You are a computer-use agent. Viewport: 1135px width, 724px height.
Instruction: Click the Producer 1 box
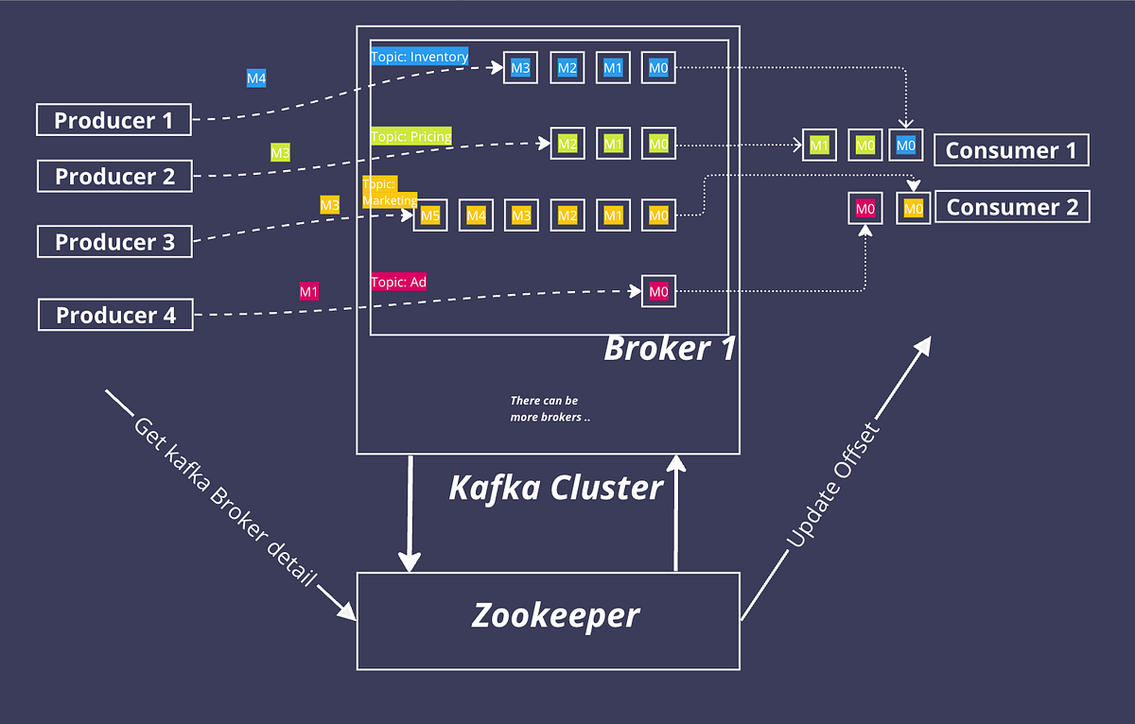pyautogui.click(x=113, y=120)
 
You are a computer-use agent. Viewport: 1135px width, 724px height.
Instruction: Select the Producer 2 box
pyautogui.click(x=114, y=177)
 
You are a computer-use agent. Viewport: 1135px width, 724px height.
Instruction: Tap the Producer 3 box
pyautogui.click(x=114, y=242)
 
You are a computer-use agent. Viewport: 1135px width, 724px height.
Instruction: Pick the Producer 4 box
pyautogui.click(x=115, y=315)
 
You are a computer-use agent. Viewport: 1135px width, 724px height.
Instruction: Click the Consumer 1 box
pyautogui.click(x=1011, y=150)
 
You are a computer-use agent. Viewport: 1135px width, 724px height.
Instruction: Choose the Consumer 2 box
pyautogui.click(x=1012, y=207)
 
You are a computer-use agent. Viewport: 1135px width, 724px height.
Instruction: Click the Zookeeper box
pyautogui.click(x=555, y=616)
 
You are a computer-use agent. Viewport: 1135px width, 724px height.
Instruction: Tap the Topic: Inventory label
pyautogui.click(x=419, y=57)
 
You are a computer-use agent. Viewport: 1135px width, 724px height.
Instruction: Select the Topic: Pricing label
pyautogui.click(x=410, y=136)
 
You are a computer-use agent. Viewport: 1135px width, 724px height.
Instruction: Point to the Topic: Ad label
pyautogui.click(x=398, y=282)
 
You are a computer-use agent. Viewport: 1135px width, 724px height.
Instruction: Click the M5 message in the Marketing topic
pyautogui.click(x=430, y=216)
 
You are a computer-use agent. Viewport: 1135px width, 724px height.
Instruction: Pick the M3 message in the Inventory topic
pyautogui.click(x=520, y=68)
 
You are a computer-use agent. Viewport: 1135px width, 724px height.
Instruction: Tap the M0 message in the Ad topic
pyautogui.click(x=658, y=292)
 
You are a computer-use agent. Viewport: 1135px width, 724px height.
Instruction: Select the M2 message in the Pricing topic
pyautogui.click(x=567, y=145)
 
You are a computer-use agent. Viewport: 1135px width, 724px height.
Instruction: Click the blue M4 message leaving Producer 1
pyautogui.click(x=256, y=78)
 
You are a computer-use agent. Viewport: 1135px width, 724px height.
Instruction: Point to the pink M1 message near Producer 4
pyautogui.click(x=309, y=292)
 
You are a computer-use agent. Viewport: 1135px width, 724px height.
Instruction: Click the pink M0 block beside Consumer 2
pyautogui.click(x=864, y=208)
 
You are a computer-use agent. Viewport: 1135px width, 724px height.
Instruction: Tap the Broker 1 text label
pyautogui.click(x=670, y=349)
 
